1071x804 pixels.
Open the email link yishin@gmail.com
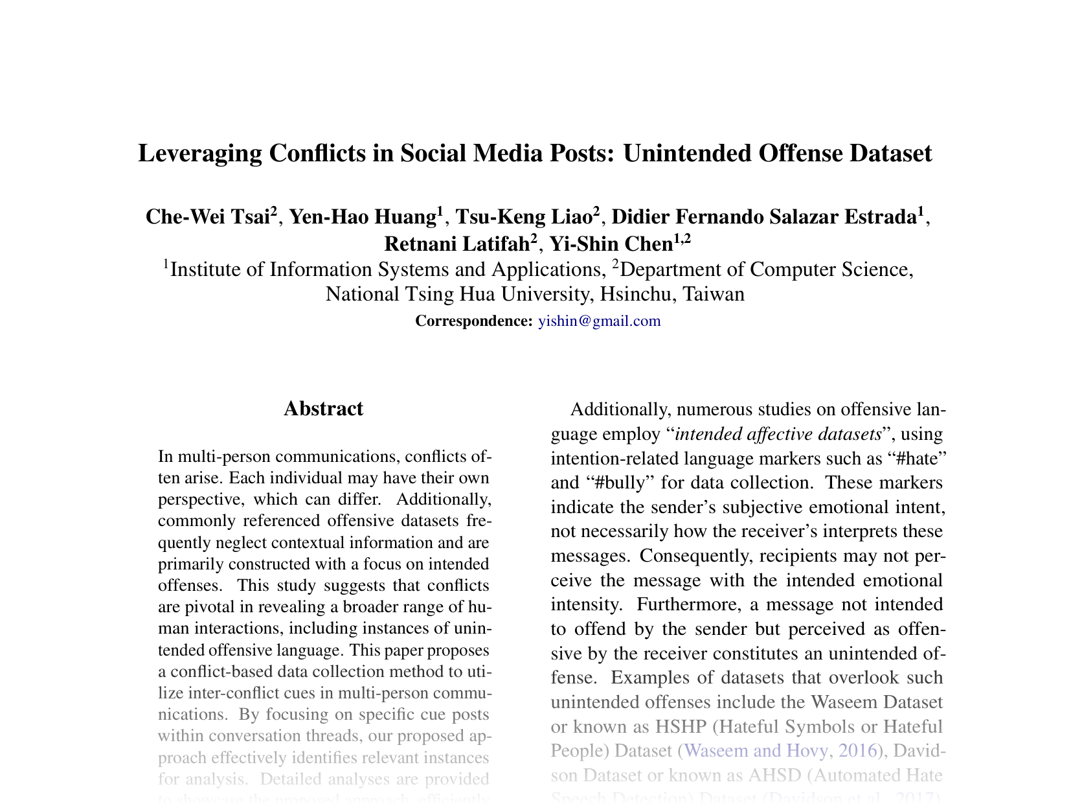click(x=600, y=321)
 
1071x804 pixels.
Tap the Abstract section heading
click(x=323, y=409)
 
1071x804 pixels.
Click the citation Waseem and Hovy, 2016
click(x=780, y=750)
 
